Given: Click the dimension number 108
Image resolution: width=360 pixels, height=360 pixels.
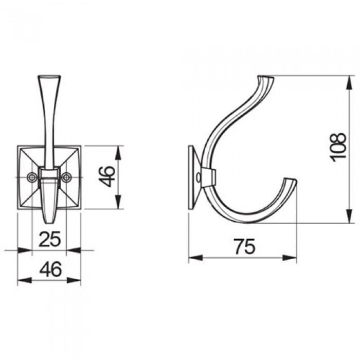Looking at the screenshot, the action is (x=338, y=147).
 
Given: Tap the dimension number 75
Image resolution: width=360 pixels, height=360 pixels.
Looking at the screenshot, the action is (x=244, y=247).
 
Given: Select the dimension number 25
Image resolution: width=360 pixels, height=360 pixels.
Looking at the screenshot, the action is (x=50, y=239).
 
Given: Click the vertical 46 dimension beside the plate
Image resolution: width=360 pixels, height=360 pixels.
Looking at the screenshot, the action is (x=106, y=176).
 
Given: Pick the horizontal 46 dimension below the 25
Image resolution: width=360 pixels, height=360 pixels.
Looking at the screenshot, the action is (x=51, y=269).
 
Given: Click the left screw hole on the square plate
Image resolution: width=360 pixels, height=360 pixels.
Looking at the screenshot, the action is (x=32, y=177).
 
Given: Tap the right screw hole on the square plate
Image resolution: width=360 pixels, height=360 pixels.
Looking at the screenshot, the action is (x=66, y=177).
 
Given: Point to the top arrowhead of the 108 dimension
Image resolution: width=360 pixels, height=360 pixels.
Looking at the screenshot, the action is (x=349, y=83).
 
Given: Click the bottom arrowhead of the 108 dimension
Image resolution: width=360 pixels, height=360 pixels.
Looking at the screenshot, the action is (x=349, y=215).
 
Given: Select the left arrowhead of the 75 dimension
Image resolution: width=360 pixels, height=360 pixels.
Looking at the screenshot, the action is (x=195, y=258).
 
